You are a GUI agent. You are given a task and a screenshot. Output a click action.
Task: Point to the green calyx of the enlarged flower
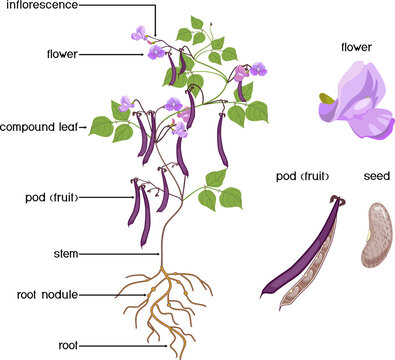[326, 99]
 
